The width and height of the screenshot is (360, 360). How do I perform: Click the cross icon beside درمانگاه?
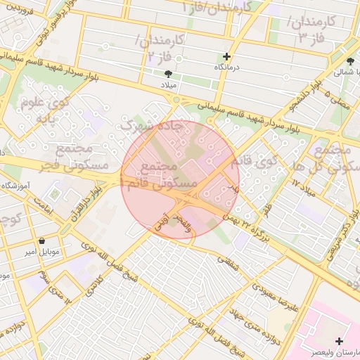pos(226,57)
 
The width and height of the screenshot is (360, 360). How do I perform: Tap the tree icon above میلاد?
pos(168,73)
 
